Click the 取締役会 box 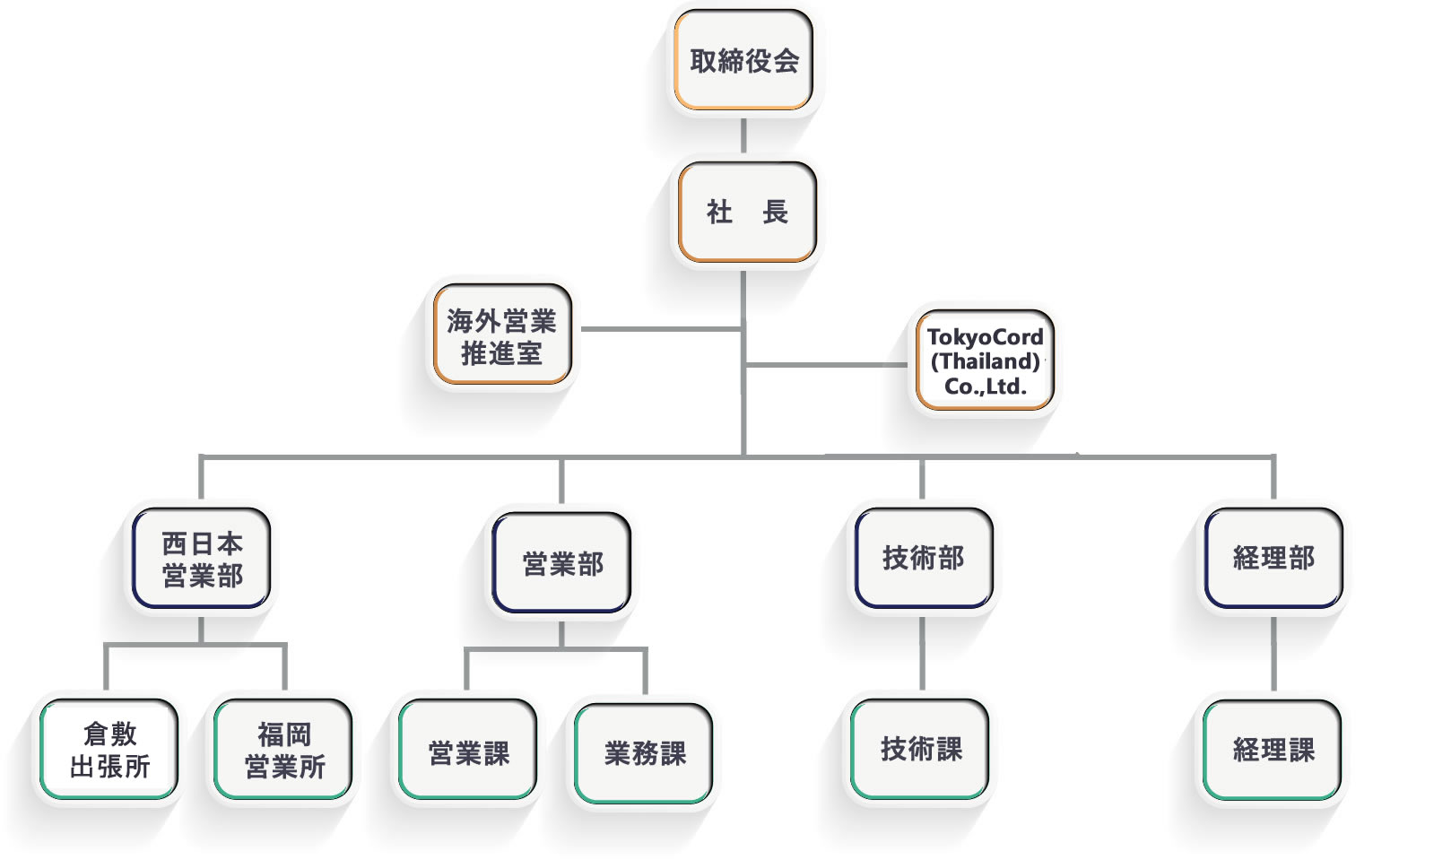point(743,60)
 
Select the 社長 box point(747,212)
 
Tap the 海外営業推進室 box point(502,335)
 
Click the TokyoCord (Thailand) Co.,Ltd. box point(985,361)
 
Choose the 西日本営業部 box point(202,559)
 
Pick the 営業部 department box point(562,563)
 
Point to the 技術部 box point(923,558)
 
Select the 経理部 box point(1273,558)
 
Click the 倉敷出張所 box point(109,750)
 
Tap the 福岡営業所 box point(284,750)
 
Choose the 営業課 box point(468,751)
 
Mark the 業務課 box point(644,753)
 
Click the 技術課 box point(921,749)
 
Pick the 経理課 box point(1273,750)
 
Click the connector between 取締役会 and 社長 point(743,135)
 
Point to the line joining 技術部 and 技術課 point(922,653)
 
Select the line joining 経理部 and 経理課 point(1273,653)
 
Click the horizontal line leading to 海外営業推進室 point(662,329)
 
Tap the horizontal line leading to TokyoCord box point(825,365)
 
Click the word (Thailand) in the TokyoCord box point(985,361)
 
